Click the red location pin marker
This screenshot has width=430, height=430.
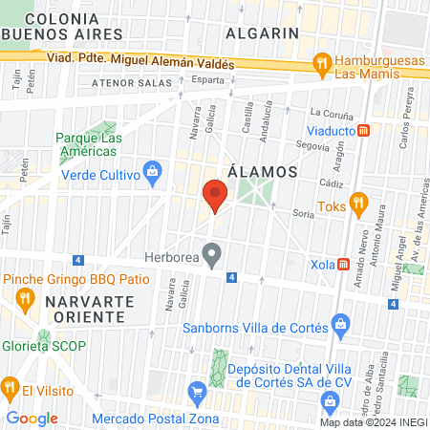point(215,197)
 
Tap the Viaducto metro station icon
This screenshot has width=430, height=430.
point(363,131)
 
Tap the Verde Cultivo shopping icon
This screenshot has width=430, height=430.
point(151,173)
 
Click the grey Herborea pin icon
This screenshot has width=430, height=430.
point(214,255)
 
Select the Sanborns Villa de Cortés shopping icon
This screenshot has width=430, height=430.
point(338,323)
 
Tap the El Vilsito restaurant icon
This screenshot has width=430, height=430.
point(11,389)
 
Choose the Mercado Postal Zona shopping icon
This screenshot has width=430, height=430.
point(198,391)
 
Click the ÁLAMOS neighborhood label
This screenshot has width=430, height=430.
point(258,172)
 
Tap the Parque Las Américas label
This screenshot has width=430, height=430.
point(89,145)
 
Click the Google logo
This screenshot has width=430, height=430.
point(32,418)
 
